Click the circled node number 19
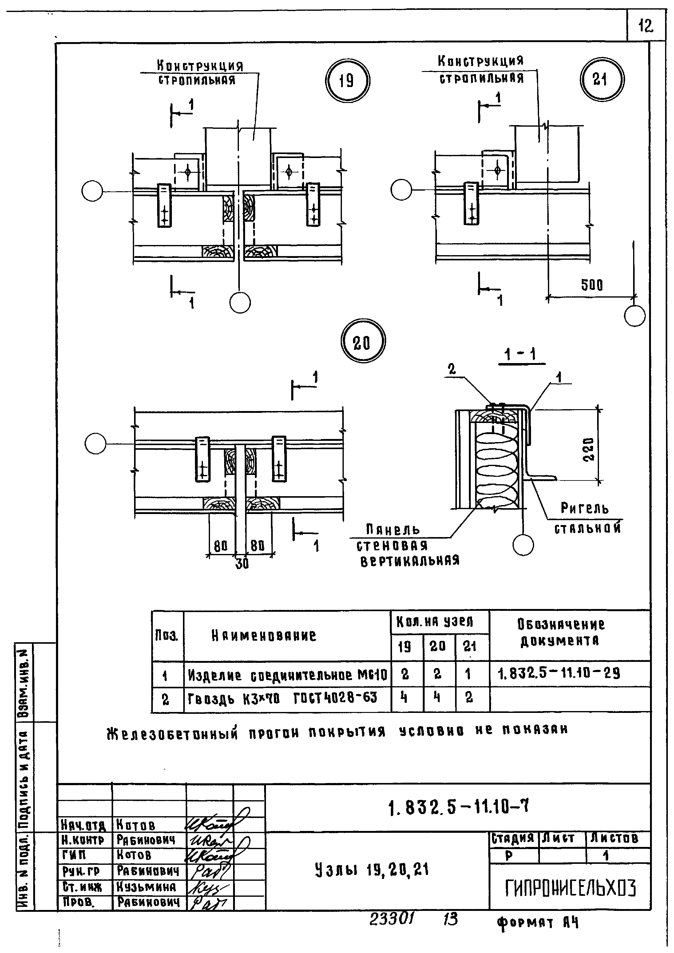346,80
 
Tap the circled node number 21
602,79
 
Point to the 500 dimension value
592,285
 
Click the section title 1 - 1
521,355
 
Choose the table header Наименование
264,635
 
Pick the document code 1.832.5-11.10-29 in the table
559,673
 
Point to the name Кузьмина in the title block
146,887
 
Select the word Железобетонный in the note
172,732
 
